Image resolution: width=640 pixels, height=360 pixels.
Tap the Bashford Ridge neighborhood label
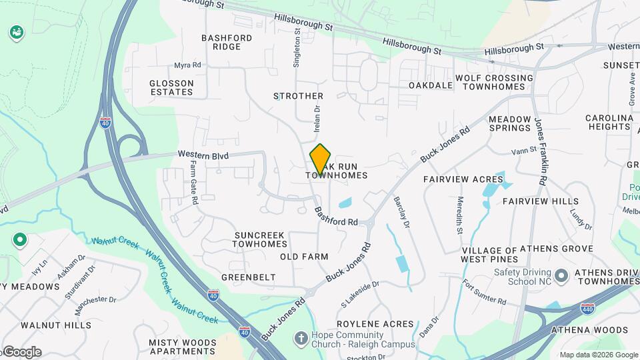click(x=227, y=42)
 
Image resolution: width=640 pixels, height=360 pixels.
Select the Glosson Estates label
click(x=171, y=87)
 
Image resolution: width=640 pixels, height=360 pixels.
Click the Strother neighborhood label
click(x=298, y=96)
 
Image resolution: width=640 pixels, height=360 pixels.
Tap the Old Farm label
click(x=304, y=257)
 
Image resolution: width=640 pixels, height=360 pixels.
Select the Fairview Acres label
click(x=463, y=179)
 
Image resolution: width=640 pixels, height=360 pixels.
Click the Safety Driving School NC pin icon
click(x=561, y=275)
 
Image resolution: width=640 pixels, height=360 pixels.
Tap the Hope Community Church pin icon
click(x=301, y=339)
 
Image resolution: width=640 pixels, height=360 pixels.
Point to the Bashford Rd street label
click(x=337, y=216)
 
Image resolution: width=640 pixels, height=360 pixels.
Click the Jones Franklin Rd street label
click(x=541, y=151)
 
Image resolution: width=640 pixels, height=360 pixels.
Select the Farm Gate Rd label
click(x=193, y=182)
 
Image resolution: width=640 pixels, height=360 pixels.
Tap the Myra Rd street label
click(x=187, y=65)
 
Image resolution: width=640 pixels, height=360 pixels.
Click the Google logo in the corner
click(x=21, y=351)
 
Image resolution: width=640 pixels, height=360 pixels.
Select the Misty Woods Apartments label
click(x=182, y=347)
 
